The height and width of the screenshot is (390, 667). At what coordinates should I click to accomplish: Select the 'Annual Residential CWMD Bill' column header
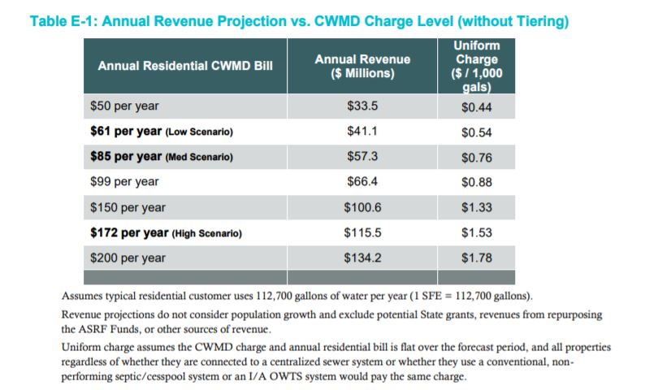point(184,65)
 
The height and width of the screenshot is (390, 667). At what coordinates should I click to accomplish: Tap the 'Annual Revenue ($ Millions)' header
point(362,66)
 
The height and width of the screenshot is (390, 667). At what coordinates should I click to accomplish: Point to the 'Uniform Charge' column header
point(477,65)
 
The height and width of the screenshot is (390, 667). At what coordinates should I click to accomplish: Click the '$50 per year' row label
point(124,106)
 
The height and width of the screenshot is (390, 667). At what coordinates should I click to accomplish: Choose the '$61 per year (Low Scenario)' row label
point(166,132)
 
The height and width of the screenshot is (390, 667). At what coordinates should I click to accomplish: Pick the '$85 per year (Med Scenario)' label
point(166,157)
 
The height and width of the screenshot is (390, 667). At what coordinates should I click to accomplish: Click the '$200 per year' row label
point(128,258)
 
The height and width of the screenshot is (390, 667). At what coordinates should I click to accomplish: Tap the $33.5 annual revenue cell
point(362,106)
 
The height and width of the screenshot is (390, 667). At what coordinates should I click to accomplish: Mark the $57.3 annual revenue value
point(362,157)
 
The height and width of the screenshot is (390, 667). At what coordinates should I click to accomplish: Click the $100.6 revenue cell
point(362,207)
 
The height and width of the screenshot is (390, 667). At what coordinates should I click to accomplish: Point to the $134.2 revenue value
point(362,258)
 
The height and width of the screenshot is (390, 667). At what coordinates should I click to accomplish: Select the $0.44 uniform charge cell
point(477,106)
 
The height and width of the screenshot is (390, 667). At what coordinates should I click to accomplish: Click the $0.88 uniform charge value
point(477,182)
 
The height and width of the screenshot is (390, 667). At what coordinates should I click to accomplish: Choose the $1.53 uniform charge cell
point(477,233)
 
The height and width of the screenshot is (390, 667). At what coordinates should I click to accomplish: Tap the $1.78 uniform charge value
point(477,258)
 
